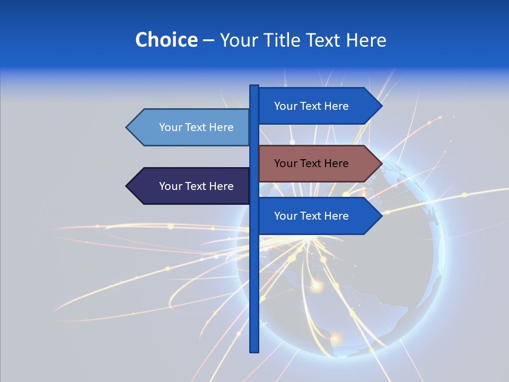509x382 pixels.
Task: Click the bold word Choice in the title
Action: tap(166, 40)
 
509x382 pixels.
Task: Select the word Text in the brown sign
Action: tap(311, 163)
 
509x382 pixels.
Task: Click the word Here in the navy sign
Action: tap(221, 186)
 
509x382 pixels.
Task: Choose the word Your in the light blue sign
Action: tap(170, 127)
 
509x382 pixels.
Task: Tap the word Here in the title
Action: tap(366, 40)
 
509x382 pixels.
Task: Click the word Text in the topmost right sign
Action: tap(311, 106)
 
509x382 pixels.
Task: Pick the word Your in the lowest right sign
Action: tap(285, 216)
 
